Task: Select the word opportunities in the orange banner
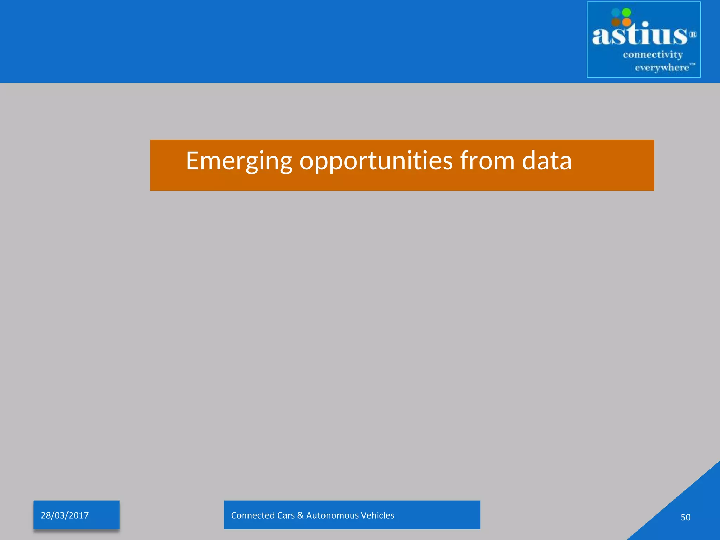pyautogui.click(x=376, y=161)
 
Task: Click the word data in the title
pyautogui.click(x=547, y=161)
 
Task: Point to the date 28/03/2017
pyautogui.click(x=65, y=515)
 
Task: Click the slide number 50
pyautogui.click(x=685, y=517)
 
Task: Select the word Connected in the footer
pyautogui.click(x=253, y=515)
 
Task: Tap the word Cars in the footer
pyautogui.click(x=286, y=515)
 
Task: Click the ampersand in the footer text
pyautogui.click(x=300, y=515)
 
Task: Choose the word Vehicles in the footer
pyautogui.click(x=377, y=515)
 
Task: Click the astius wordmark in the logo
pyautogui.click(x=639, y=35)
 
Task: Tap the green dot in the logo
pyautogui.click(x=626, y=13)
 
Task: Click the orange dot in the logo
pyautogui.click(x=626, y=22)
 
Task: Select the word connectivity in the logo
pyautogui.click(x=653, y=55)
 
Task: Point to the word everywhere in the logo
pyautogui.click(x=662, y=67)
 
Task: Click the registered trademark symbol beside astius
pyautogui.click(x=693, y=34)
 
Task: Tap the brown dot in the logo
pyautogui.click(x=616, y=22)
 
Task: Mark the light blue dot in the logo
pyautogui.click(x=616, y=13)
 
